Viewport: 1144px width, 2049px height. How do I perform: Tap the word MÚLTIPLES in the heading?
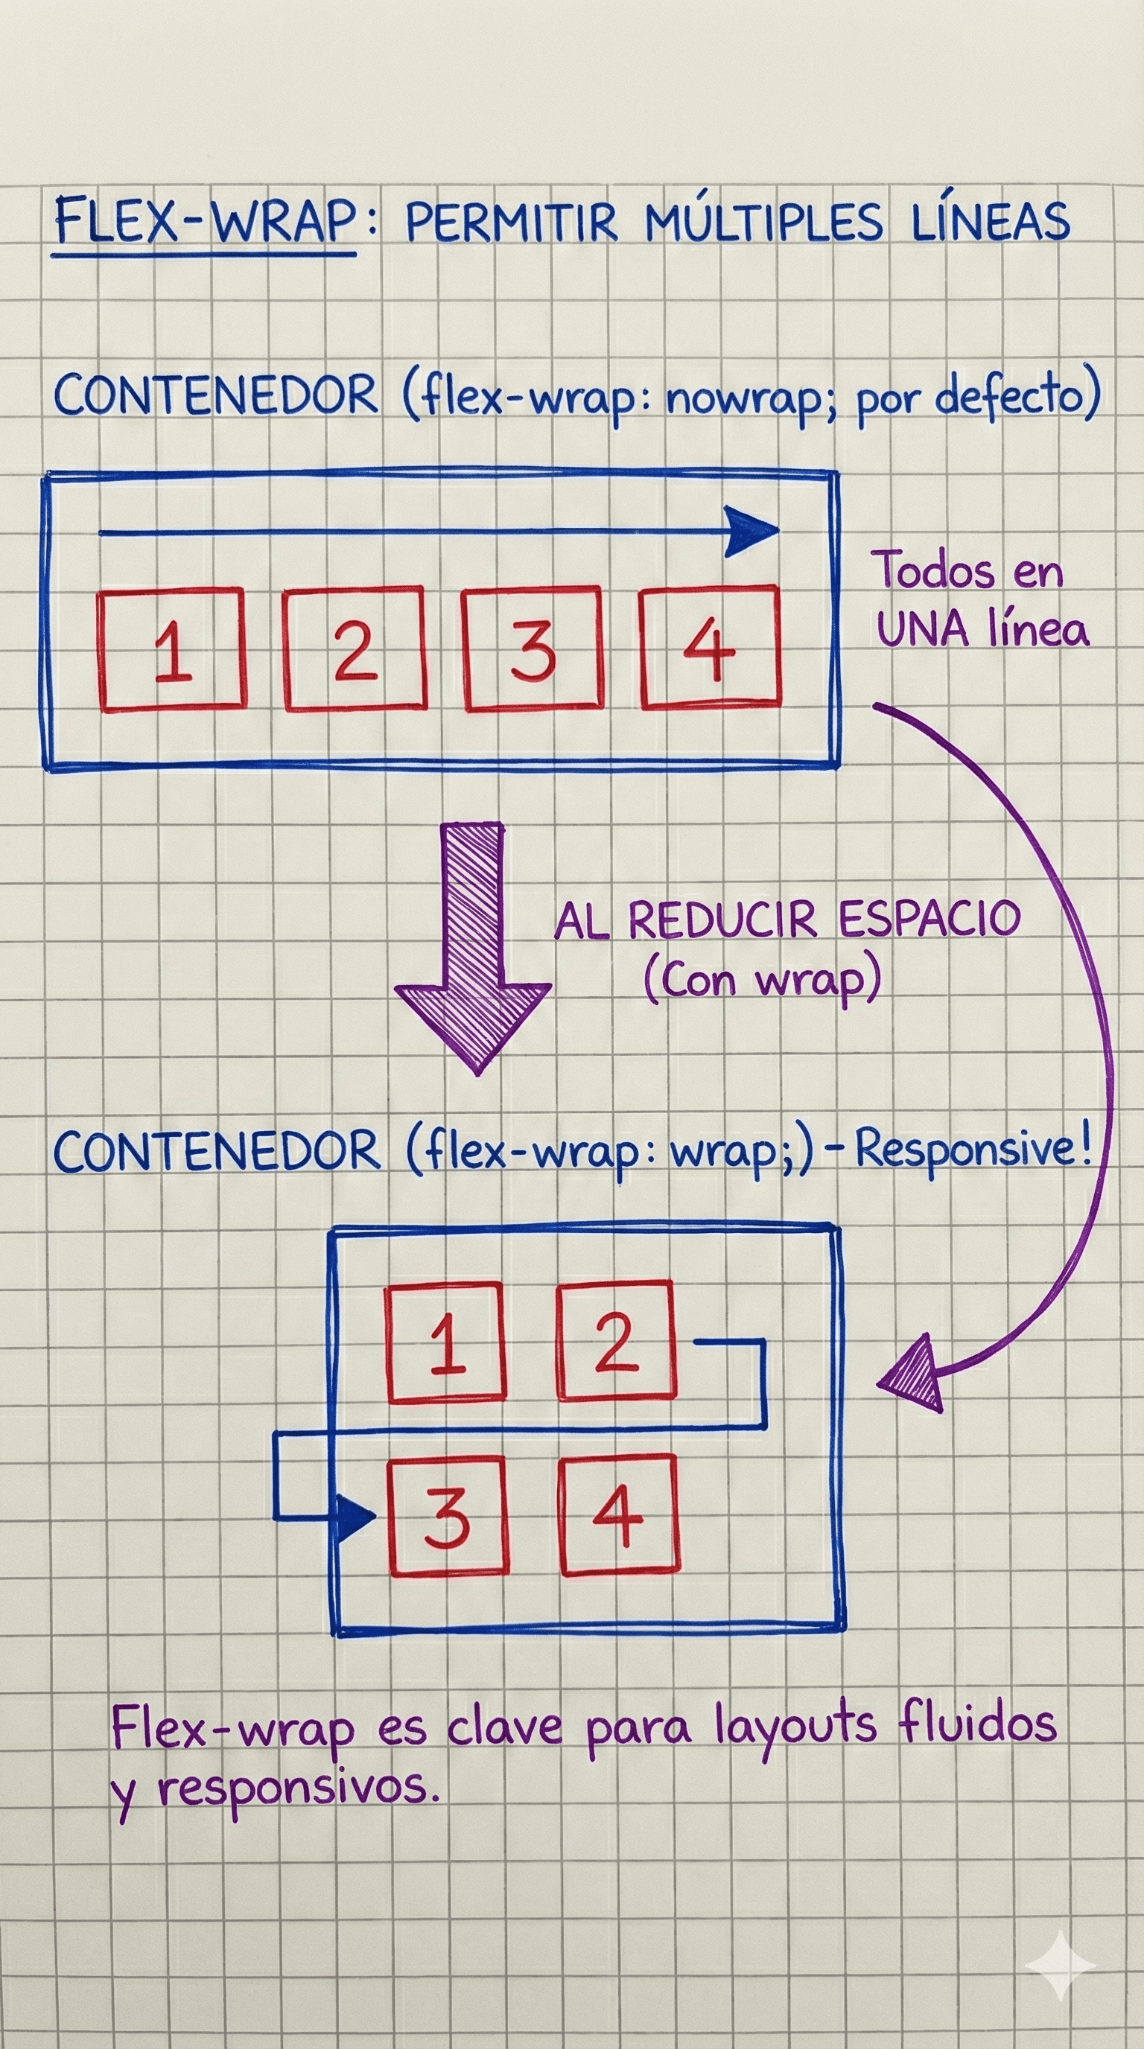tap(763, 222)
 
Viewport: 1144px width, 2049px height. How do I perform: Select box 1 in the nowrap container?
tap(172, 650)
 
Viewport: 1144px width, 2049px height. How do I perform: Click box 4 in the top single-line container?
tap(711, 648)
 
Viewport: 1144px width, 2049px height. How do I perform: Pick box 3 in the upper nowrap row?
tap(533, 649)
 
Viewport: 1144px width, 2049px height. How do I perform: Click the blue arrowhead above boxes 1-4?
tap(751, 532)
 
